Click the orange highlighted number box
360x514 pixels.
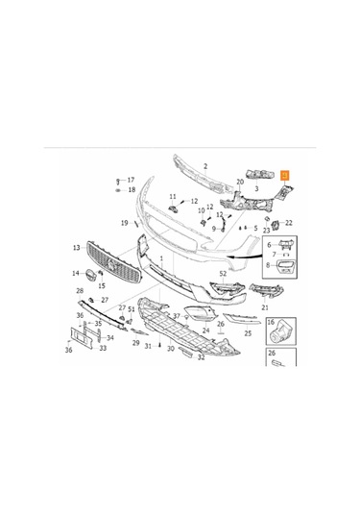point(284,174)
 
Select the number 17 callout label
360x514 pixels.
point(132,180)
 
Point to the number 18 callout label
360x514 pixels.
point(132,190)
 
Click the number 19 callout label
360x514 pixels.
point(124,223)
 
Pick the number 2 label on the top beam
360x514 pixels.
point(204,166)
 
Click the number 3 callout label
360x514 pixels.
point(256,189)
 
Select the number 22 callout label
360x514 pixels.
point(289,223)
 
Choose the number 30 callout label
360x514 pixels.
point(171,349)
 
